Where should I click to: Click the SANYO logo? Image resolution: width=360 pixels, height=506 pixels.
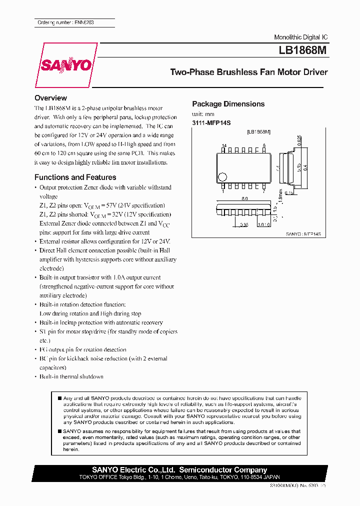(x=66, y=65)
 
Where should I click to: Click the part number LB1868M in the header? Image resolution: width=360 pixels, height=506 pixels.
(x=303, y=50)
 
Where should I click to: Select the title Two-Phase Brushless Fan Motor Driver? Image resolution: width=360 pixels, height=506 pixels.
(x=248, y=72)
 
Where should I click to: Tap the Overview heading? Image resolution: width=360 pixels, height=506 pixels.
(x=50, y=98)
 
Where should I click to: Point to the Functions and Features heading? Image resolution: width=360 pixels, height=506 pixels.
(x=75, y=177)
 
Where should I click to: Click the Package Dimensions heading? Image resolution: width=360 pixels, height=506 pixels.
(x=228, y=104)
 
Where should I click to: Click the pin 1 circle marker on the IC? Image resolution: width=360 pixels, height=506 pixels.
(x=223, y=176)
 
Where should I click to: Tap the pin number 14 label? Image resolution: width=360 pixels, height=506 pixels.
(x=224, y=145)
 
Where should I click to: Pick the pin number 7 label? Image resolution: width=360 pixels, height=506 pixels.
(x=263, y=190)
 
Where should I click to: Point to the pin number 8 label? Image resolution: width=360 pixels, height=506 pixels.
(x=263, y=145)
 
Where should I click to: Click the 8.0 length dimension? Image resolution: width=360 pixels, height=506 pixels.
(x=245, y=198)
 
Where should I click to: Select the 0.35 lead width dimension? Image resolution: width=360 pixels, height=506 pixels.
(x=243, y=224)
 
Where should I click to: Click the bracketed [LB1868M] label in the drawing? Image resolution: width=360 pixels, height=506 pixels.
(x=258, y=131)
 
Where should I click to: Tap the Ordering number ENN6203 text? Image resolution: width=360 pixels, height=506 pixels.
(x=65, y=23)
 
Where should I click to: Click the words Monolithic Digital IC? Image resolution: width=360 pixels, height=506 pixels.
(x=300, y=38)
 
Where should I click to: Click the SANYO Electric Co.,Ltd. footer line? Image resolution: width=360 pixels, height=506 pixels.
(x=179, y=470)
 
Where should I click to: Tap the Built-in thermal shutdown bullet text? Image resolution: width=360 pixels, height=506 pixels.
(x=71, y=376)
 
